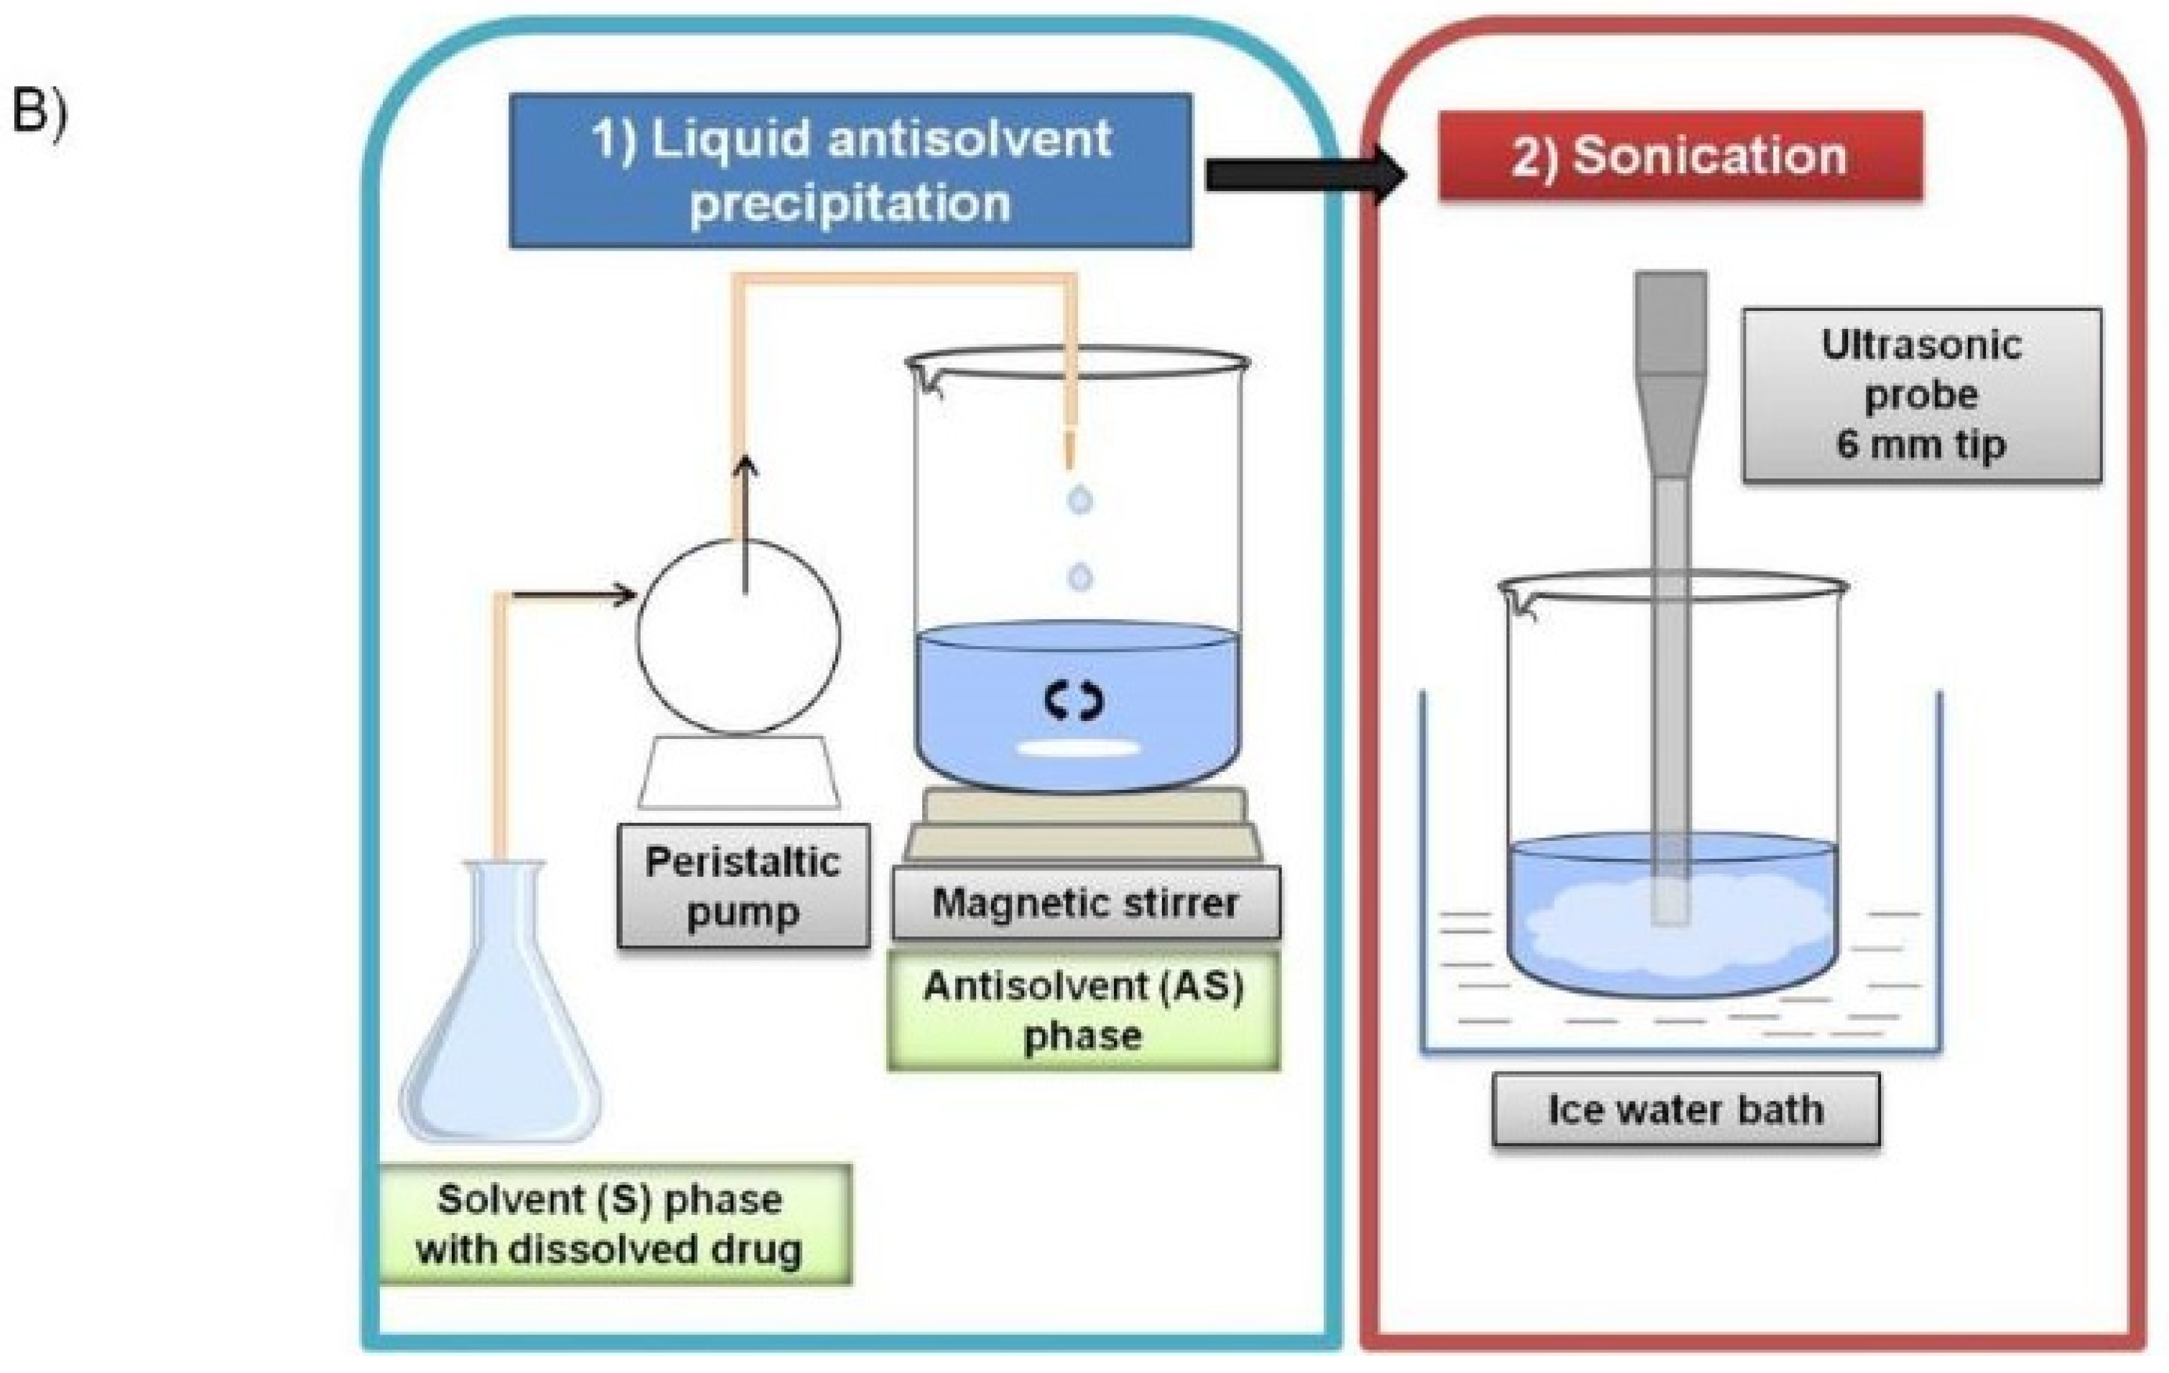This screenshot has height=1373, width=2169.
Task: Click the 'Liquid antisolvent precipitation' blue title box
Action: [x=850, y=170]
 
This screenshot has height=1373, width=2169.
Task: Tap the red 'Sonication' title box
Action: [x=1680, y=156]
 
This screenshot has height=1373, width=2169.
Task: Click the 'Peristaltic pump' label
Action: [x=743, y=886]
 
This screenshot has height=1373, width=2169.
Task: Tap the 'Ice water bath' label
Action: [x=1686, y=1109]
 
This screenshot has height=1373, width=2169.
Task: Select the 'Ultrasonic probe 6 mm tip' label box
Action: [x=1921, y=395]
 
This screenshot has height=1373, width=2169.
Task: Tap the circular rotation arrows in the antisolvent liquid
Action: [x=1073, y=700]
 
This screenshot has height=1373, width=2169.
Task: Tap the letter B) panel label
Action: [x=39, y=115]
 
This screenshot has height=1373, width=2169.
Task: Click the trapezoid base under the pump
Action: [x=738, y=773]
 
